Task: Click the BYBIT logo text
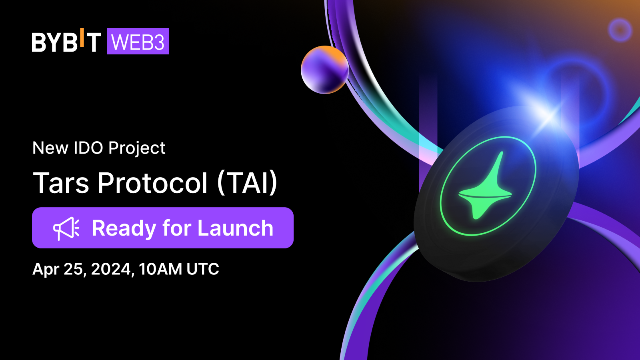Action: (x=66, y=42)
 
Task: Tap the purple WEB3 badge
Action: (x=138, y=42)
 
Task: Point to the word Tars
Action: (x=61, y=183)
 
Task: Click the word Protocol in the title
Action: (x=153, y=183)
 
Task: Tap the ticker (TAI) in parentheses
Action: (x=247, y=183)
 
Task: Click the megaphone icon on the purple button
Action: (x=66, y=228)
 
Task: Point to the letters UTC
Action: (x=203, y=269)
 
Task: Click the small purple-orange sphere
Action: (x=325, y=70)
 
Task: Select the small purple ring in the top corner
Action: (x=620, y=30)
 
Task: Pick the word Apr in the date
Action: (x=46, y=269)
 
